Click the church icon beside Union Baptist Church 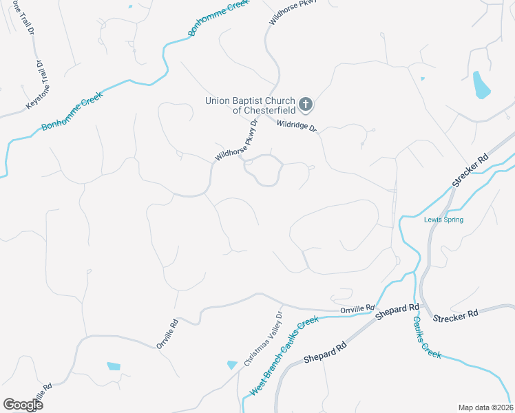(x=306, y=105)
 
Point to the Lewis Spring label (x=443, y=220)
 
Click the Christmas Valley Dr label (x=264, y=339)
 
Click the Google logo (x=23, y=405)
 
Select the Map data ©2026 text (x=485, y=407)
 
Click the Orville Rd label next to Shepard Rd (x=357, y=310)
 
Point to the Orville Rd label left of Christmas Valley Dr (x=167, y=333)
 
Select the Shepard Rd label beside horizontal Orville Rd (x=397, y=312)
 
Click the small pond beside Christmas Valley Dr (x=231, y=365)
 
